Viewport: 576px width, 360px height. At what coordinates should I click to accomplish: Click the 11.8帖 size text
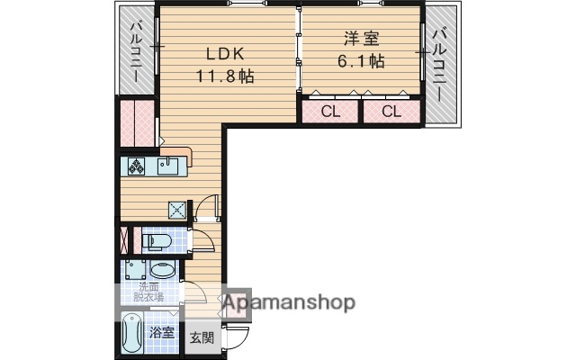coord(225,76)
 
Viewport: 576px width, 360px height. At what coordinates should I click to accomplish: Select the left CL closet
coord(329,112)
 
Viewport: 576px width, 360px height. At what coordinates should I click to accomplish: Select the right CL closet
coord(391,112)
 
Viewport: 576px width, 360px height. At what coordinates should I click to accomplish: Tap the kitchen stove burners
coord(137,166)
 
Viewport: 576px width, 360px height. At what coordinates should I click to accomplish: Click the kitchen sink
coord(168,166)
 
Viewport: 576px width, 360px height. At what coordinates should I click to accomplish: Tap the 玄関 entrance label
coord(202,338)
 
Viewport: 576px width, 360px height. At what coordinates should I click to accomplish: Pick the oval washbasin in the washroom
coord(163,270)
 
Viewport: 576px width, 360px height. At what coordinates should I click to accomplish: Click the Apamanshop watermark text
coord(288,302)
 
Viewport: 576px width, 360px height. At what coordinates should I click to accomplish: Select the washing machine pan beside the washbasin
coord(136,270)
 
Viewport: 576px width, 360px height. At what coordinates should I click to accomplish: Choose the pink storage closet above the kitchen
coord(137,123)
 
